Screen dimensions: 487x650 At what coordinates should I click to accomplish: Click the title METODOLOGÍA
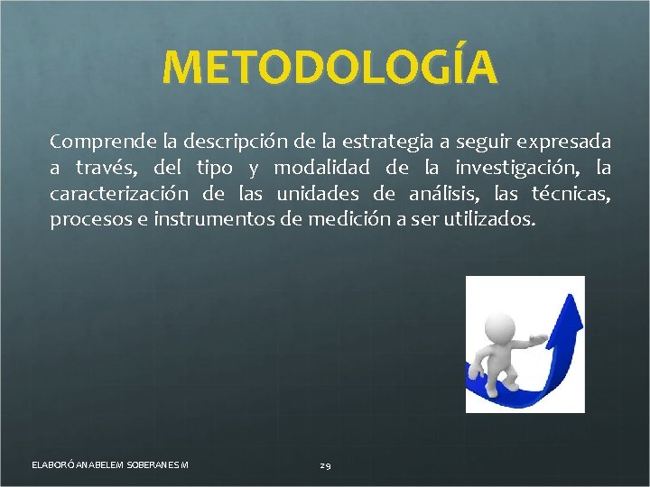[330, 69]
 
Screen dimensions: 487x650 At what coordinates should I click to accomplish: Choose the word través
[105, 168]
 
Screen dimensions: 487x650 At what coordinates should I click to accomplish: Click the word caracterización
[119, 193]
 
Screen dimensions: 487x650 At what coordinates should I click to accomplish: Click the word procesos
[88, 219]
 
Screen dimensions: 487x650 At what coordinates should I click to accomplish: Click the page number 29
[325, 465]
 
